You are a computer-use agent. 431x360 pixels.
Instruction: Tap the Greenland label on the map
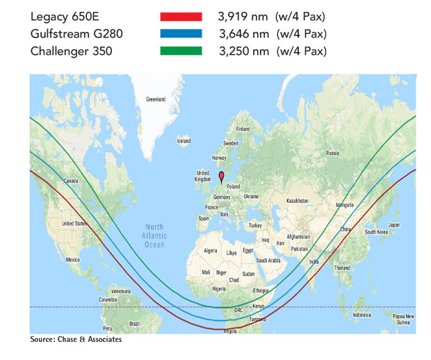pyautogui.click(x=156, y=100)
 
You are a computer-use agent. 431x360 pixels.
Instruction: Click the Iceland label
pyautogui.click(x=184, y=141)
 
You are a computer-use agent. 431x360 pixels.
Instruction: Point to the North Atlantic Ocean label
pyautogui.click(x=154, y=236)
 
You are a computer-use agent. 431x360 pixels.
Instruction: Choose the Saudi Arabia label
pyautogui.click(x=269, y=260)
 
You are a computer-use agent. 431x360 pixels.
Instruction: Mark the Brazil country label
pyautogui.click(x=135, y=324)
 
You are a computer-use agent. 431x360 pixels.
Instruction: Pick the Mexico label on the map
pyautogui.click(x=72, y=259)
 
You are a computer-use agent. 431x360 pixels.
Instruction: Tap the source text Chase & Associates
pyautogui.click(x=75, y=340)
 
